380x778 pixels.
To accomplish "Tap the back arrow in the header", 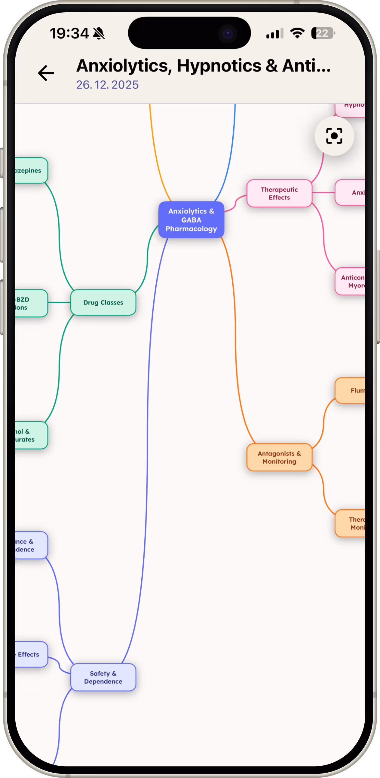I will (x=46, y=73).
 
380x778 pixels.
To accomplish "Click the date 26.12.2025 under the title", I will (x=107, y=85).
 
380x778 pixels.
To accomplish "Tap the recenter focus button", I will (x=334, y=136).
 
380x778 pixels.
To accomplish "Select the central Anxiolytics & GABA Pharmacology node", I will (x=191, y=220).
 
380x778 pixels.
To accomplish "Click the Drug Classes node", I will (x=103, y=302).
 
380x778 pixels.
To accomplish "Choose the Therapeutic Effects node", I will (x=279, y=193).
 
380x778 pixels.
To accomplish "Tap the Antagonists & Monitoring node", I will (x=279, y=457).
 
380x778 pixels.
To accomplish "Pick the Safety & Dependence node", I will (x=103, y=677).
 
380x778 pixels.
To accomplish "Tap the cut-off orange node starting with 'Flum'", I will (x=351, y=391).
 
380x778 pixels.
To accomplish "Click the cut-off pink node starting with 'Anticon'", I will (x=351, y=281).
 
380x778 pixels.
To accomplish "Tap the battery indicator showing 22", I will (x=322, y=33).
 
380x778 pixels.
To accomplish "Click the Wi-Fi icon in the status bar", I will (x=297, y=33).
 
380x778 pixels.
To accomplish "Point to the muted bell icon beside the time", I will (x=99, y=33).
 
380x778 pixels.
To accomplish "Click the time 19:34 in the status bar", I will (x=69, y=33).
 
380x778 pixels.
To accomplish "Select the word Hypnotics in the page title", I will (x=219, y=65).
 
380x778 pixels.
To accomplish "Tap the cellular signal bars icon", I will (x=274, y=33).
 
